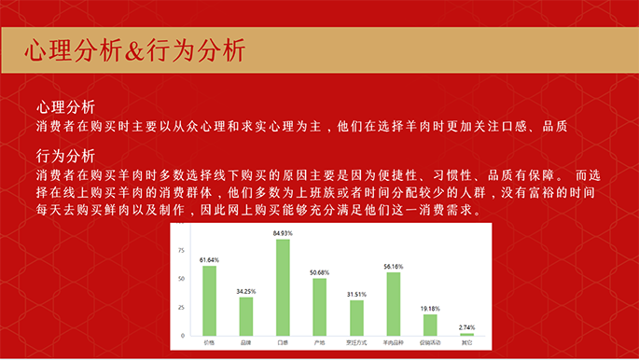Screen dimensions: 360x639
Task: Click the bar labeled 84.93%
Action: [283, 287]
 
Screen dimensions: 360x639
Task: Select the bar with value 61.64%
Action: [209, 300]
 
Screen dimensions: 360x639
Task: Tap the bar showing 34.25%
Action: [246, 316]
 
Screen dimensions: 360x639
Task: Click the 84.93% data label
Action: [283, 233]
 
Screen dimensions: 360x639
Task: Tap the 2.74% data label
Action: [466, 327]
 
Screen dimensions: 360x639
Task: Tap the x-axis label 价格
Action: [209, 342]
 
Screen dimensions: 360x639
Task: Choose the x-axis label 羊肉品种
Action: [394, 342]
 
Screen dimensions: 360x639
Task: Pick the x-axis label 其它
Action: [466, 342]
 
